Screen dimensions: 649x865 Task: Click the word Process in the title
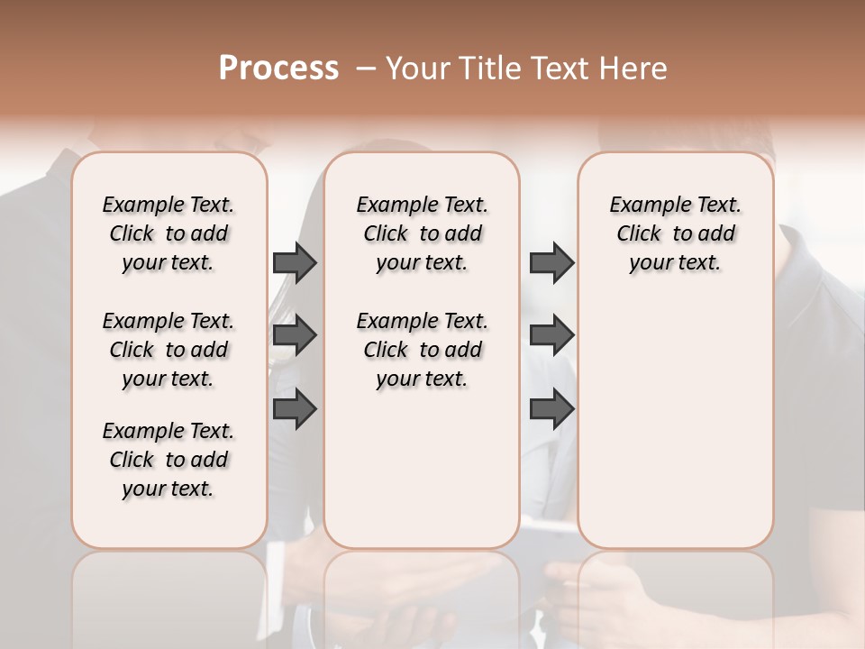[x=278, y=69]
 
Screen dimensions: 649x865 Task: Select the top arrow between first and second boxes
[x=295, y=262]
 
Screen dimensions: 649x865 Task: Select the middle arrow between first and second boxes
[x=295, y=335]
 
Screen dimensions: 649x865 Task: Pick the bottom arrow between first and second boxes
[x=295, y=409]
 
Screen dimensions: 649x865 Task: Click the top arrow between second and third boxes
[x=551, y=262]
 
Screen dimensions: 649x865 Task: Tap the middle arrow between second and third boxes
[x=551, y=335]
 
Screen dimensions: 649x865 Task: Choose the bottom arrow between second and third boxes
[x=551, y=409]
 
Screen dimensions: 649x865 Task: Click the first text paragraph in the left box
[x=168, y=233]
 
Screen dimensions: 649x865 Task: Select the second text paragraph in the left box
[x=168, y=350]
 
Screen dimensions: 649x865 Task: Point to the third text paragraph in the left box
[x=168, y=460]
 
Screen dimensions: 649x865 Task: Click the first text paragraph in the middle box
[x=423, y=233]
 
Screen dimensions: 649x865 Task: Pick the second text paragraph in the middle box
[x=423, y=350]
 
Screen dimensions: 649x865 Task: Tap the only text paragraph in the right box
[x=676, y=233]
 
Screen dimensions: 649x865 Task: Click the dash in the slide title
[x=366, y=69]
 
